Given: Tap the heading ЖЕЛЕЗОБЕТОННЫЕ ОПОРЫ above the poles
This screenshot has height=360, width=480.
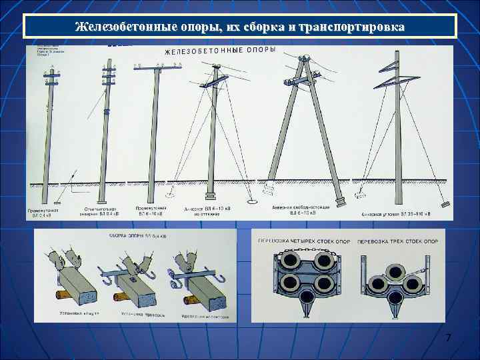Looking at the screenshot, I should [x=220, y=51].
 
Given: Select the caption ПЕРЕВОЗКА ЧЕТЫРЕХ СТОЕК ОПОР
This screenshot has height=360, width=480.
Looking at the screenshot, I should [x=303, y=241].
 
